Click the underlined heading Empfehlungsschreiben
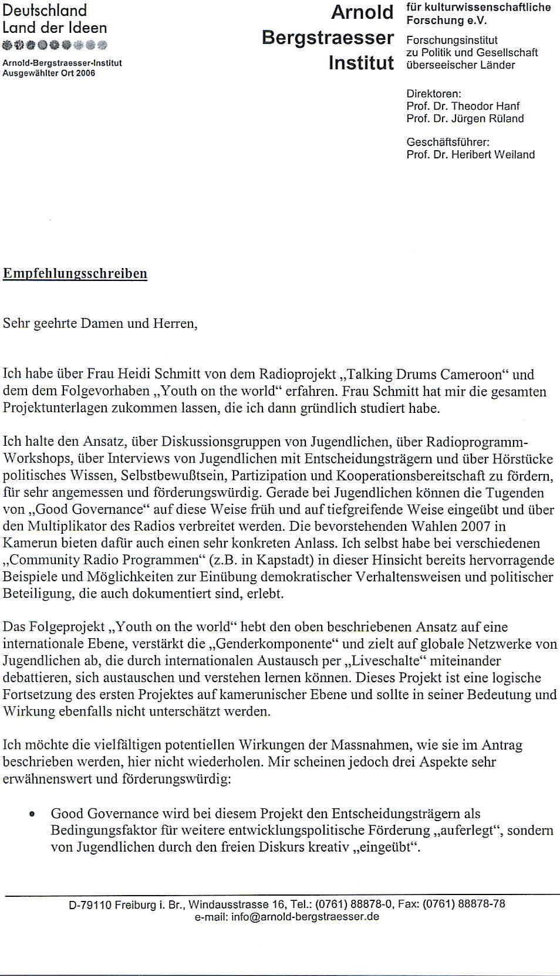click(x=75, y=274)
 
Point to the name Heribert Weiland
click(x=502, y=155)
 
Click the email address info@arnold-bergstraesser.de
click(x=305, y=917)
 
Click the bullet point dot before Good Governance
click(x=32, y=814)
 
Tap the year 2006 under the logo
click(x=85, y=73)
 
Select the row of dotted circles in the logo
click(x=55, y=45)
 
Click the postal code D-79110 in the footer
click(x=90, y=905)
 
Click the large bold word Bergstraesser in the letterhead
click(x=328, y=38)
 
